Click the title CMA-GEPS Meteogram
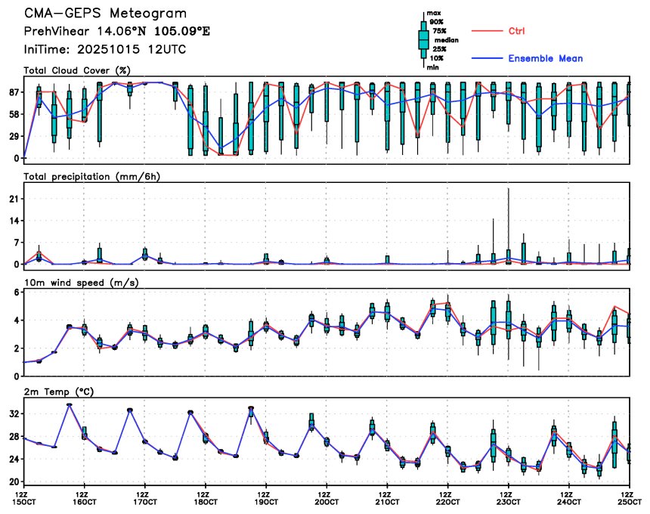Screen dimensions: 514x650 pyautogui.click(x=105, y=14)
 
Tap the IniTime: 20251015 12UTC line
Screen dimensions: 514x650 pyautogui.click(x=105, y=49)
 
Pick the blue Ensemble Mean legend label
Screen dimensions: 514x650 pyautogui.click(x=545, y=58)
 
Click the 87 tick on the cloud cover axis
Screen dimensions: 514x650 pyautogui.click(x=13, y=91)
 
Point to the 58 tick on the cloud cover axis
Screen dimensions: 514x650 pyautogui.click(x=13, y=114)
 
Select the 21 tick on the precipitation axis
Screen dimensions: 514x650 pyautogui.click(x=13, y=198)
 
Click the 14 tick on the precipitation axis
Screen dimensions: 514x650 pyautogui.click(x=13, y=220)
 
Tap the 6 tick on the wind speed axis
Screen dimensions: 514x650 pyautogui.click(x=16, y=292)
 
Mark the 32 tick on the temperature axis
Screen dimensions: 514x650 pyautogui.click(x=13, y=414)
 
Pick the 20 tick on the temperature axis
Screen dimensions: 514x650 pyautogui.click(x=13, y=481)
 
